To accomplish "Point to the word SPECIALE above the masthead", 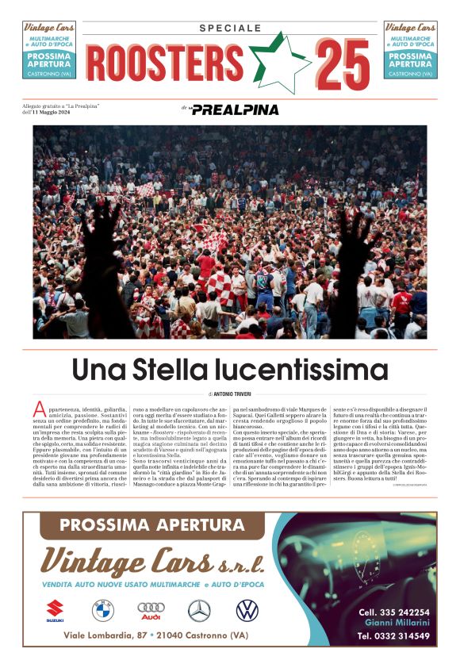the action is (x=230, y=28).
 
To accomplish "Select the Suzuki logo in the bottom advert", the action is (x=55, y=610).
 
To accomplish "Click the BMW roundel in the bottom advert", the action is (x=103, y=610).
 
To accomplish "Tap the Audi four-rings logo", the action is (x=151, y=610).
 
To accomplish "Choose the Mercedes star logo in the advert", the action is (x=199, y=610).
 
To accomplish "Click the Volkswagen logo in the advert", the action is (x=247, y=610).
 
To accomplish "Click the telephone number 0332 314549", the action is (x=394, y=636).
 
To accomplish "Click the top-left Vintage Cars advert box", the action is (x=49, y=49).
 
